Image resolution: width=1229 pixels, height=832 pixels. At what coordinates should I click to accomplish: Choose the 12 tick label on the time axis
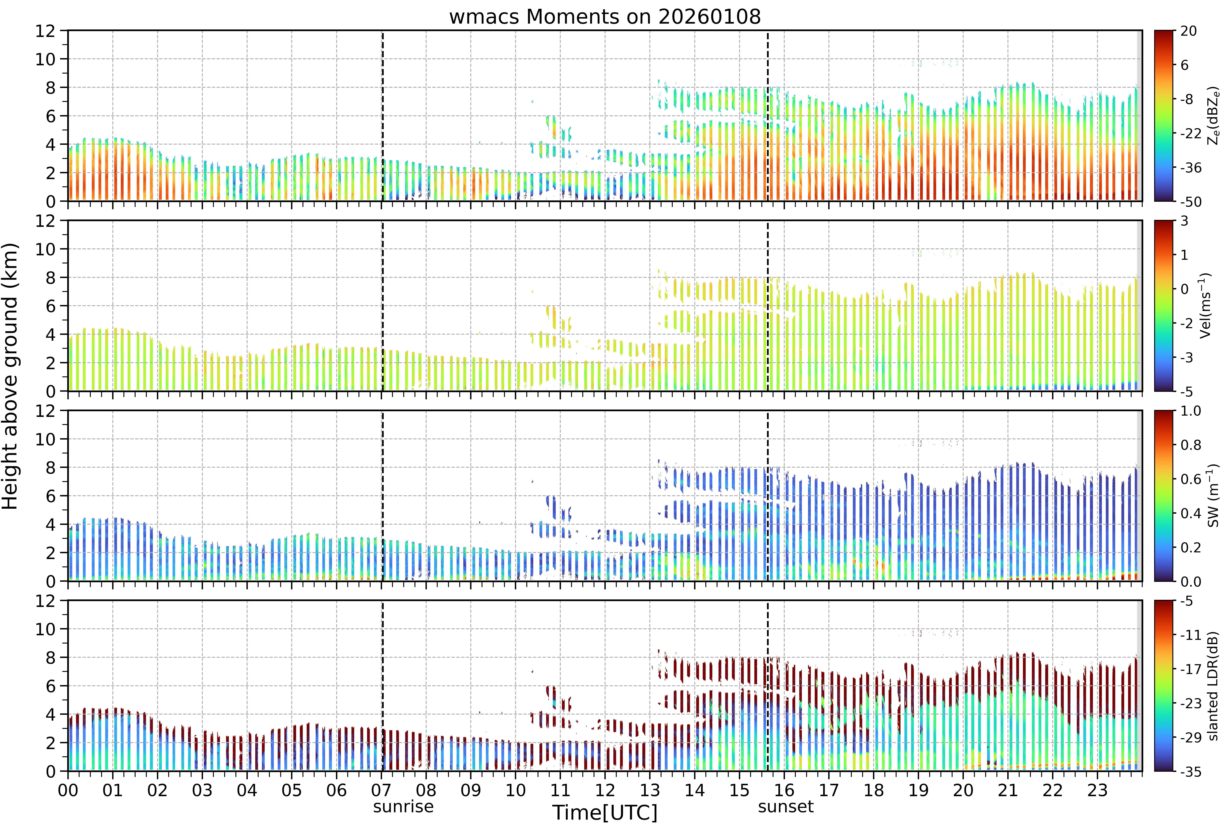(605, 790)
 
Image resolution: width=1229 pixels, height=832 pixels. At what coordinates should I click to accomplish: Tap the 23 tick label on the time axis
(1097, 790)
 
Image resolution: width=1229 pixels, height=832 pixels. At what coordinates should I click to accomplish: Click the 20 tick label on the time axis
(963, 790)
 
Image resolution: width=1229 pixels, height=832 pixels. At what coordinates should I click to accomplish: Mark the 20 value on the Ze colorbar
(1188, 31)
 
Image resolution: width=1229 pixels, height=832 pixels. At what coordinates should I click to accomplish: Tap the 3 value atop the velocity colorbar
(1185, 221)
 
